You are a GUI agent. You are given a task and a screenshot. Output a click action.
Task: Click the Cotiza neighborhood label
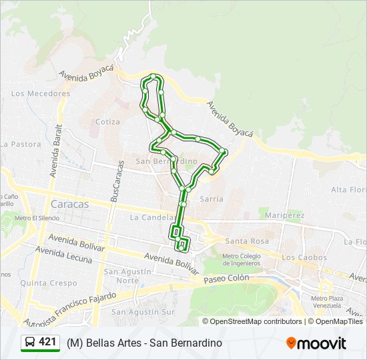(x=107, y=122)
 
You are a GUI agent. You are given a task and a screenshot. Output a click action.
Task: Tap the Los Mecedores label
(x=41, y=93)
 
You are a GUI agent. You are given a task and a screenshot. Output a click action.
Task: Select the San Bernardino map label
(x=167, y=161)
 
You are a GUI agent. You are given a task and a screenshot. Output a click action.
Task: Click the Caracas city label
(x=69, y=204)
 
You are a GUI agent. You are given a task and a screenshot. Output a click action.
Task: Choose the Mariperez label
(x=284, y=215)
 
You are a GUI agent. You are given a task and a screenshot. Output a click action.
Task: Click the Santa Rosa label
(x=247, y=241)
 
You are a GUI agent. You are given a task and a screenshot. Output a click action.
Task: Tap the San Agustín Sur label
(x=143, y=311)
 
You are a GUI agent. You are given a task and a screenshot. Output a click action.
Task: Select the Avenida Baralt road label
(x=55, y=150)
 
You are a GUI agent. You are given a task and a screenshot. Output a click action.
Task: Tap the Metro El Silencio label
(x=37, y=218)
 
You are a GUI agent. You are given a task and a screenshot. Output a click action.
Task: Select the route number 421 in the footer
(x=47, y=342)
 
